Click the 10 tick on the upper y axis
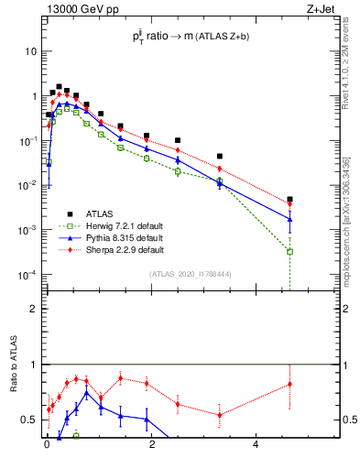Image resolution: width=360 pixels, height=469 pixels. pyautogui.click(x=31, y=51)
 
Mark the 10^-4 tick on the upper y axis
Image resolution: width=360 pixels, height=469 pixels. pyautogui.click(x=28, y=274)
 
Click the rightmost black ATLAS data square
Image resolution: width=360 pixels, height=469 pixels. pyautogui.click(x=289, y=199)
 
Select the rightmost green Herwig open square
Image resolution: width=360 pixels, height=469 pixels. pyautogui.click(x=289, y=251)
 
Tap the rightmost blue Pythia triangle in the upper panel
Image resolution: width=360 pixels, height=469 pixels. pyautogui.click(x=289, y=219)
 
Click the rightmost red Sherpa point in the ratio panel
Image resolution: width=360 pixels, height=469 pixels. pyautogui.click(x=289, y=384)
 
